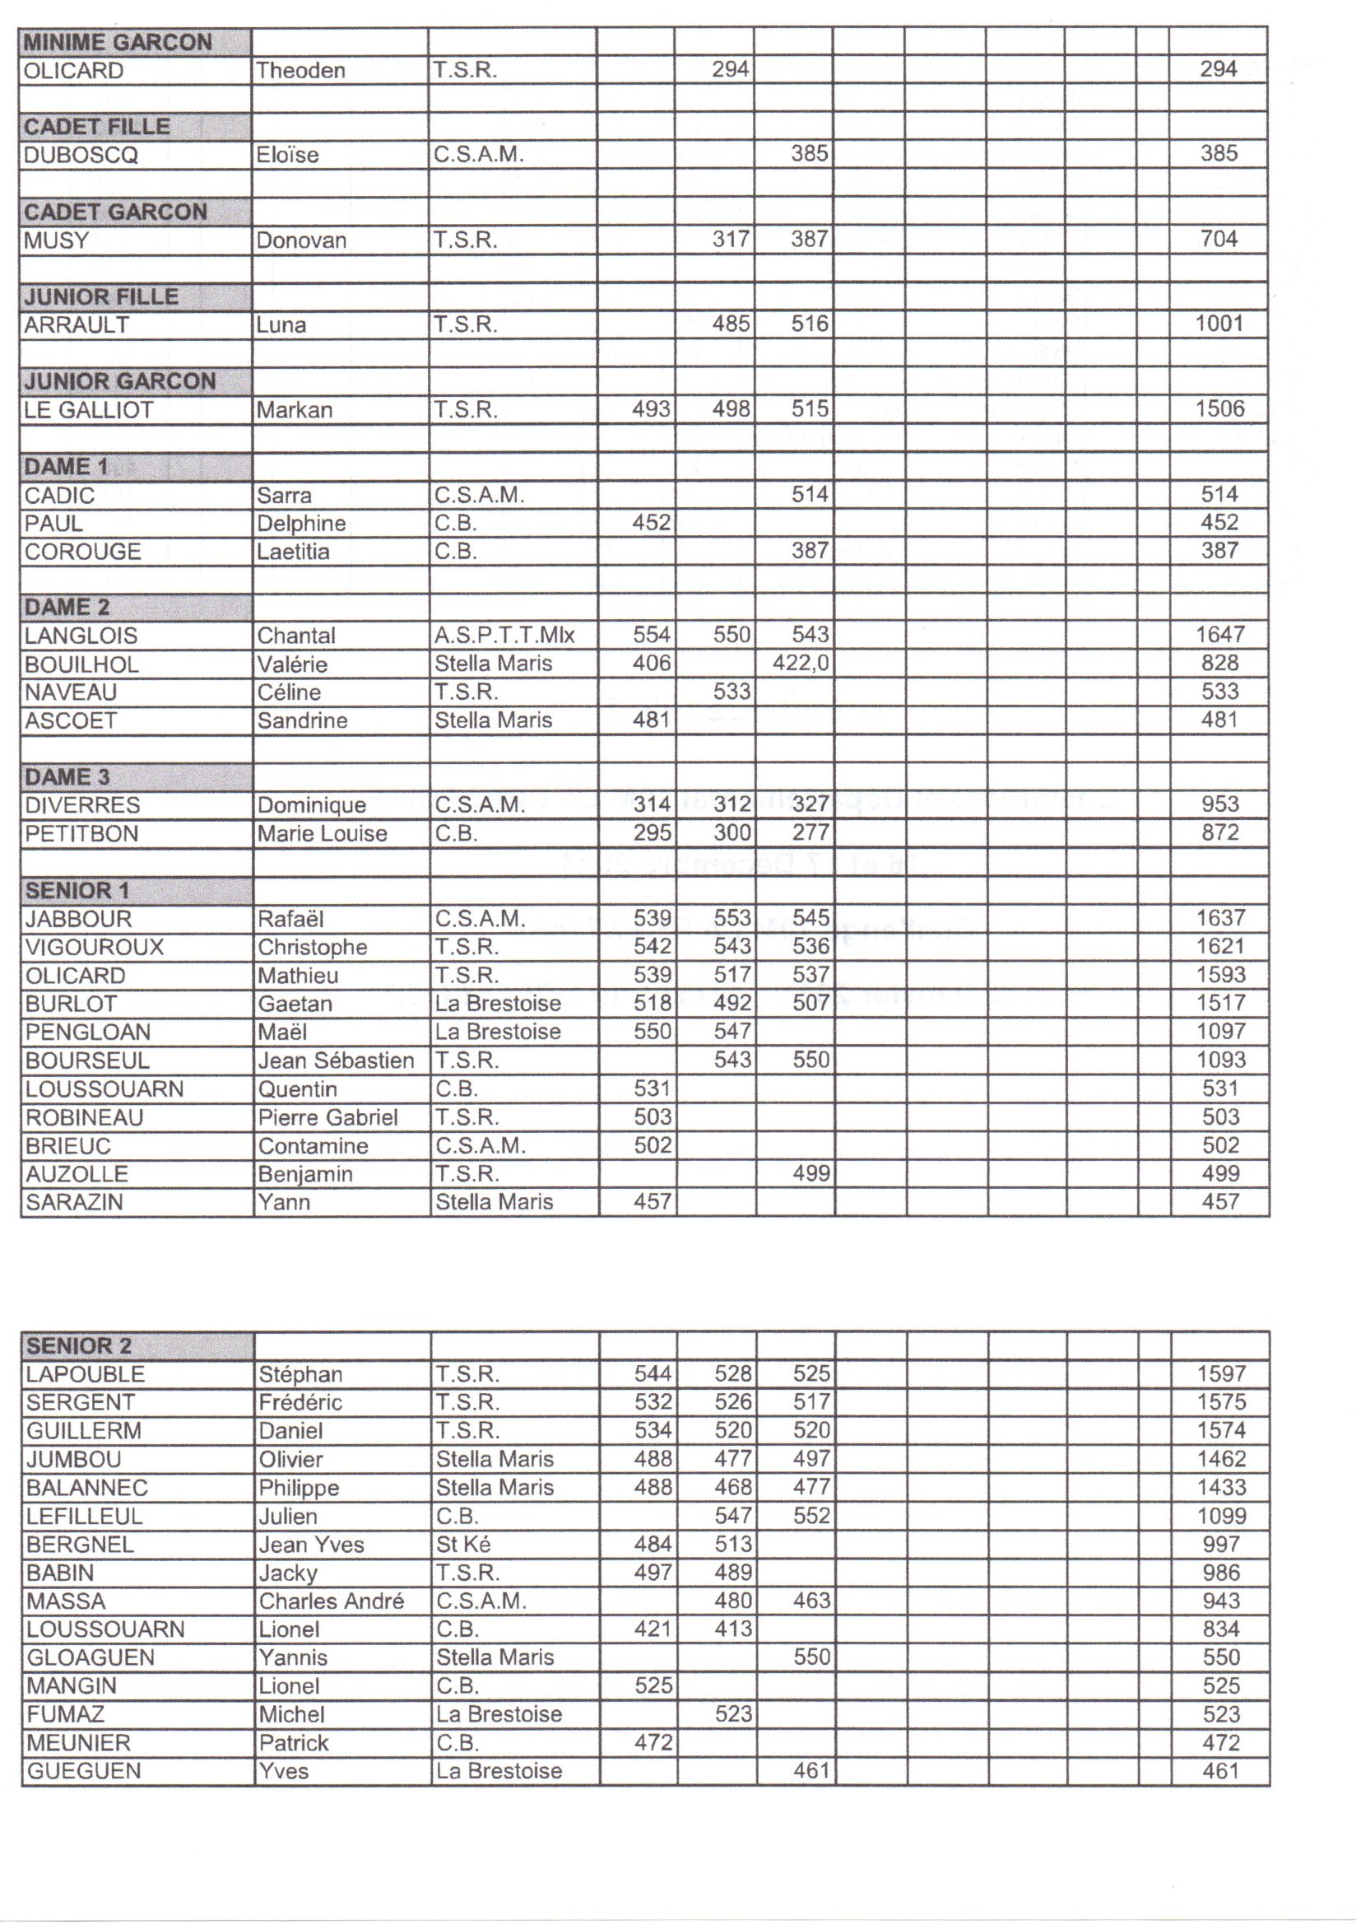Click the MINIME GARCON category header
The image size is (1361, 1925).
tap(118, 42)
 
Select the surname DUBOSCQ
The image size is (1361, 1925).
tap(81, 155)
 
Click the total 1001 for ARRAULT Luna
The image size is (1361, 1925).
tap(1219, 324)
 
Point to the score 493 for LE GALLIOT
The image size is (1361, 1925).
tap(651, 409)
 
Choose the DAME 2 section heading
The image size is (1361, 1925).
tap(67, 607)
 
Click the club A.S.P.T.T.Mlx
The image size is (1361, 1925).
tap(504, 636)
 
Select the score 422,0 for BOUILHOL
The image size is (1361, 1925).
tap(801, 663)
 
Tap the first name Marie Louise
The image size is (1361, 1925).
tap(322, 833)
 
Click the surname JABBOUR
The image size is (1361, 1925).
tap(78, 919)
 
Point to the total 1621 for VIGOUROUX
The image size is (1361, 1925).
tap(1220, 947)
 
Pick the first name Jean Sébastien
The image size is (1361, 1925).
tap(335, 1060)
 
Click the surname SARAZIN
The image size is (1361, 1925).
tap(74, 1202)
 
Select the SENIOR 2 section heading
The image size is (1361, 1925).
tap(79, 1346)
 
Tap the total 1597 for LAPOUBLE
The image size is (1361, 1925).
tap(1221, 1374)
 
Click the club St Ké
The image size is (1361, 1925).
tap(462, 1545)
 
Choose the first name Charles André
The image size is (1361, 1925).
tap(331, 1601)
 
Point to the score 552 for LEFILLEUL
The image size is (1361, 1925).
tap(811, 1516)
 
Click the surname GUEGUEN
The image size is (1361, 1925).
tap(83, 1772)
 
